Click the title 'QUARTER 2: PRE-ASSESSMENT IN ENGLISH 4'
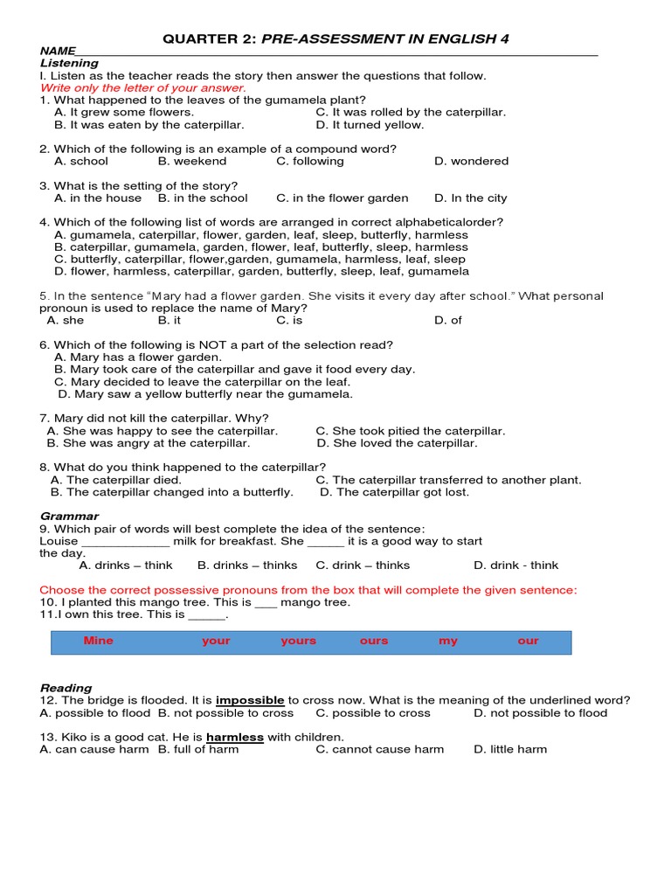point(335,38)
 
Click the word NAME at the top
point(58,52)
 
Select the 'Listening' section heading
point(69,63)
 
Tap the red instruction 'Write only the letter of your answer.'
point(143,87)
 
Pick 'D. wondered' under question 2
point(471,161)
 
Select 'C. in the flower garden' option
point(342,198)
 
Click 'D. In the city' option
point(471,198)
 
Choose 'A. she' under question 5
point(66,320)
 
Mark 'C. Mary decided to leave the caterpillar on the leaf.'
point(202,381)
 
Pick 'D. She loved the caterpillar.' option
point(397,442)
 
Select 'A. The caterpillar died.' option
point(116,479)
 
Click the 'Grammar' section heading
point(69,516)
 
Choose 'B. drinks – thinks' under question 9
point(247,565)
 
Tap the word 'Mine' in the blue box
point(99,641)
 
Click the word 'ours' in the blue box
point(374,641)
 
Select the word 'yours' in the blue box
point(299,641)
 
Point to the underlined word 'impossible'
point(251,700)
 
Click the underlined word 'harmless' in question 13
point(235,737)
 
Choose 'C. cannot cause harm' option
point(380,749)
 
